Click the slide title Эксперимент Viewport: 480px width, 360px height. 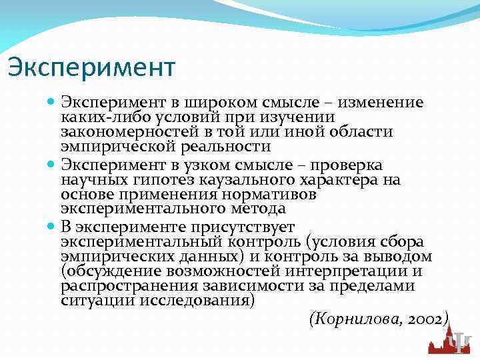point(91,67)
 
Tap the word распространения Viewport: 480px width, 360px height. point(123,285)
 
